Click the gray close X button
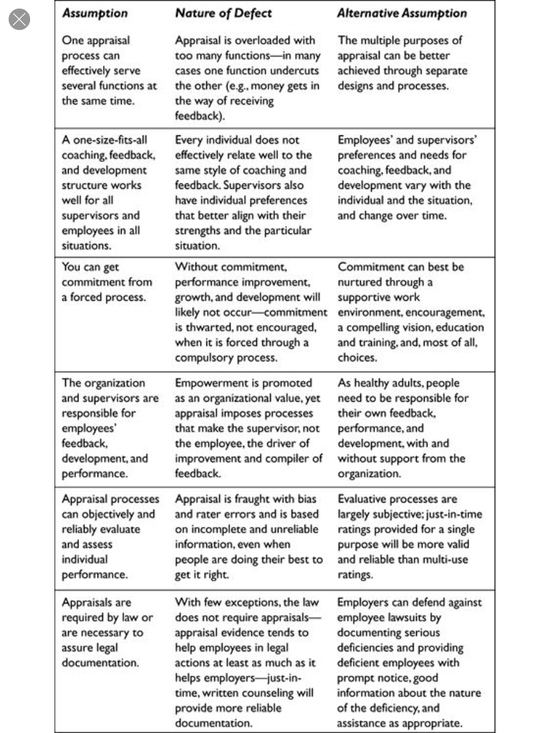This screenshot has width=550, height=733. [19, 19]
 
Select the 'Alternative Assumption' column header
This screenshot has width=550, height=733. [402, 13]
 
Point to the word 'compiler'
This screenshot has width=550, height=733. [284, 458]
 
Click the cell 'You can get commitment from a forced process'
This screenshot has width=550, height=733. [107, 282]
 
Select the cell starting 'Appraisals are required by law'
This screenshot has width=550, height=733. [107, 633]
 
